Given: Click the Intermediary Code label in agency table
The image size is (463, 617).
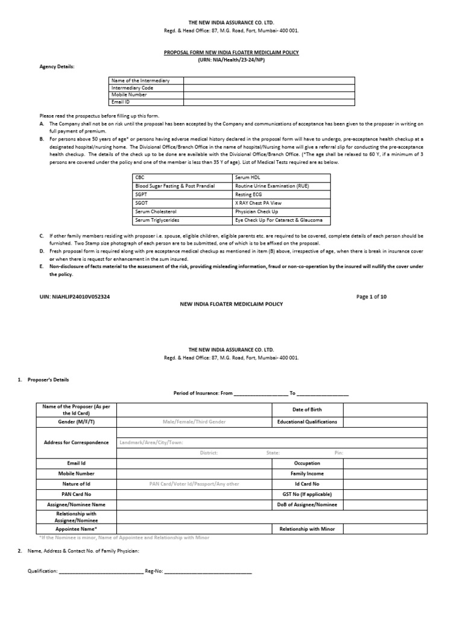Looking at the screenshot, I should pos(128,87).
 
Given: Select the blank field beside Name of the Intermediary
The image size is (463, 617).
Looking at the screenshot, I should pos(269,80).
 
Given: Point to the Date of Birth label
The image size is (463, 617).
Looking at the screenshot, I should pos(307,410).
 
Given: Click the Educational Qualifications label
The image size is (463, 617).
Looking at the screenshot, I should pos(307,422).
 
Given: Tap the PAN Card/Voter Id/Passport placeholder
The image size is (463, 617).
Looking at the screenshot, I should pos(194,483).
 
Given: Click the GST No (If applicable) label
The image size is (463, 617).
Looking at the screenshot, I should pos(307,493).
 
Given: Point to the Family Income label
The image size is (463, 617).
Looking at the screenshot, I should pos(307,474).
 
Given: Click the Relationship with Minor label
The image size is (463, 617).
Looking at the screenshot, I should pos(307,528).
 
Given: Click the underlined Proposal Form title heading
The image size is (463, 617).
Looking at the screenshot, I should pos(231,53).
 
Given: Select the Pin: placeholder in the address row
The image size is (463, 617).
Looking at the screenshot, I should pos(338,453).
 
